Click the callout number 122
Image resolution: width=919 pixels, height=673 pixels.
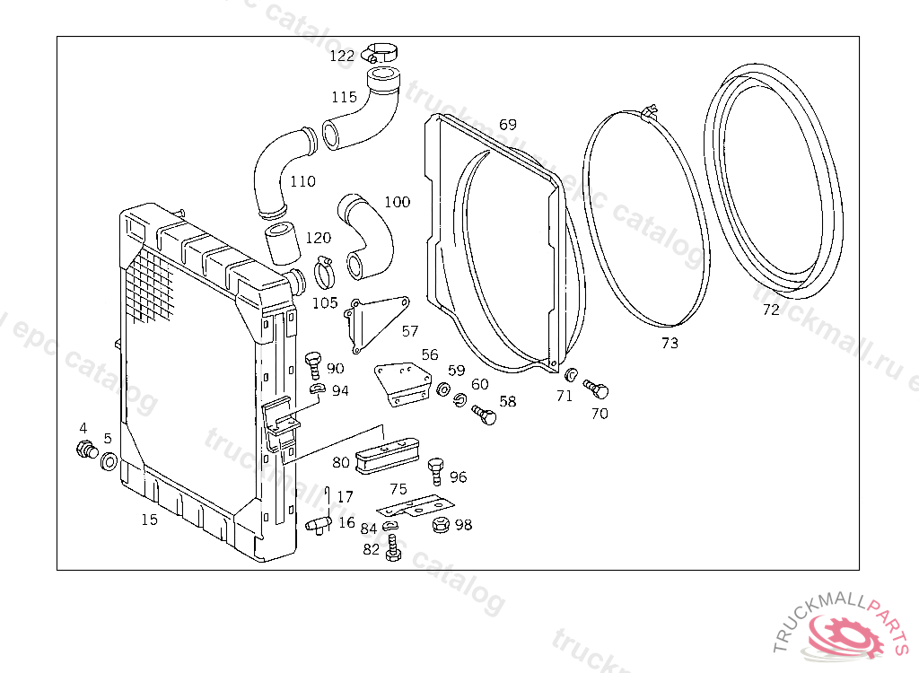point(342,56)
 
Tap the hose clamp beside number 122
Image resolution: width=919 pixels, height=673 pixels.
point(381,54)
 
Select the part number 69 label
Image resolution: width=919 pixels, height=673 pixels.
point(508,125)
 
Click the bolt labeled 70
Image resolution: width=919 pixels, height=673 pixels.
point(597,389)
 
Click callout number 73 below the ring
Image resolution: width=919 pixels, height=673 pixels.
point(670,343)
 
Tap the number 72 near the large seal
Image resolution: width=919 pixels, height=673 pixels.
point(771,310)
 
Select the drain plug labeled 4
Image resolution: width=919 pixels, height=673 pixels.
point(87,449)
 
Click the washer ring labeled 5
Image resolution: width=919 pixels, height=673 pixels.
point(108,462)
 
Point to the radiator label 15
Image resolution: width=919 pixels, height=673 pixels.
point(149,520)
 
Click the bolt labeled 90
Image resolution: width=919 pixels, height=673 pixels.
point(314,363)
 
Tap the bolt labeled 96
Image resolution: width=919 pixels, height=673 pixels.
point(436,470)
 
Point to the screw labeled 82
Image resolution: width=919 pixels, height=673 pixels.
point(392,549)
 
